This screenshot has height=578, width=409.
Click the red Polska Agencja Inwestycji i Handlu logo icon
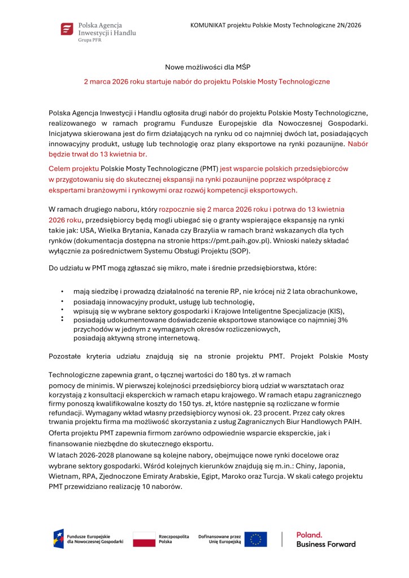[x=67, y=29]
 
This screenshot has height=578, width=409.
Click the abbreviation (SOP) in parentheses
[x=240, y=251]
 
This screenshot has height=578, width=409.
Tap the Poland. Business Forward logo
[x=325, y=539]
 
